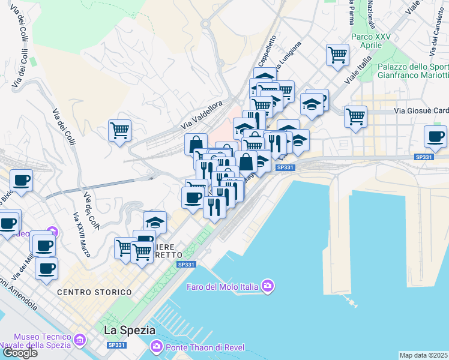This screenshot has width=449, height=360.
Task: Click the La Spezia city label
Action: click(130, 330)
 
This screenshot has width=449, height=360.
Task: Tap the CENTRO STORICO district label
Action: click(94, 292)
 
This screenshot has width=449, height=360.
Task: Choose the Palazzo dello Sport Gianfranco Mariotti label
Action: click(413, 71)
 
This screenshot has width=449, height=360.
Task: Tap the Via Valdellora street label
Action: click(206, 115)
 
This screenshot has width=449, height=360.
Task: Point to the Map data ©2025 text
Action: click(424, 355)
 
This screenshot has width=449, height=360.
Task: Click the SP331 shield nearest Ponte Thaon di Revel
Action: click(116, 346)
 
